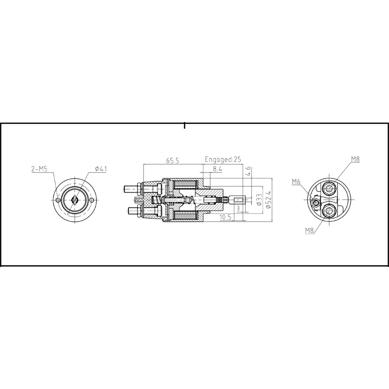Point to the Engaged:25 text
223,159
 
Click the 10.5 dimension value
225,217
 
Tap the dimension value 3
238,208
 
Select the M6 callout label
297,182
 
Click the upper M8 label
355,159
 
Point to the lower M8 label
309,230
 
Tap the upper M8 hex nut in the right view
332,188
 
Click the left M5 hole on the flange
58,200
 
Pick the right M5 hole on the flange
91,200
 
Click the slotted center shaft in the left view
74,200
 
